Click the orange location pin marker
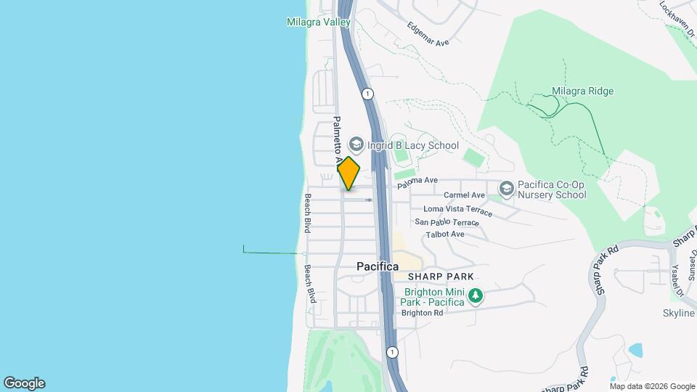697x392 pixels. tap(349, 173)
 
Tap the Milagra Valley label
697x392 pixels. tap(318, 23)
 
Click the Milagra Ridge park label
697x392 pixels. tap(582, 91)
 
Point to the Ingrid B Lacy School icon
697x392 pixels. tap(356, 144)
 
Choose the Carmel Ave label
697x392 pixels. tap(464, 195)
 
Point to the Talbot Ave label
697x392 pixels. tap(445, 234)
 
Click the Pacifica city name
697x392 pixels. tap(378, 267)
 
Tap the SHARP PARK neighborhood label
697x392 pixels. tap(441, 277)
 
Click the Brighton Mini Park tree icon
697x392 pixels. tap(475, 295)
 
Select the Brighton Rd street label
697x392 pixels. tap(422, 313)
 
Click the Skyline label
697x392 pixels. tap(680, 313)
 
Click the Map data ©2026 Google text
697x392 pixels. tap(652, 386)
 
